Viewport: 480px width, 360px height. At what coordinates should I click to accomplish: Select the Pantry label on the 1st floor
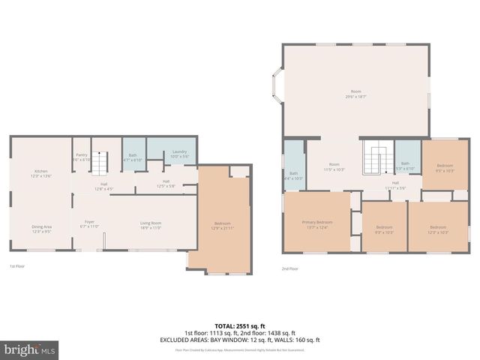[82, 157]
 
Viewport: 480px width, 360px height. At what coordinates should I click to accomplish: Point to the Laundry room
[179, 154]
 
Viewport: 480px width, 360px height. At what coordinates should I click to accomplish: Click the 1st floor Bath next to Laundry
[133, 157]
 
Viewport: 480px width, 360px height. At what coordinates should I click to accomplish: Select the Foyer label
[89, 224]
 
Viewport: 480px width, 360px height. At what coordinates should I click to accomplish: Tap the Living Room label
[151, 224]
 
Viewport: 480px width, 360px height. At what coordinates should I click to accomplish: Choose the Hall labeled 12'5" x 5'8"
[166, 183]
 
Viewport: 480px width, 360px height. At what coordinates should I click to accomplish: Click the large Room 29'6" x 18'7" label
[355, 94]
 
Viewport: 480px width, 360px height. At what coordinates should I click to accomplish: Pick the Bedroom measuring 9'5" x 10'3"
[445, 167]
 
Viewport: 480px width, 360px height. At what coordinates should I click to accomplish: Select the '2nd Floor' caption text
[289, 268]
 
